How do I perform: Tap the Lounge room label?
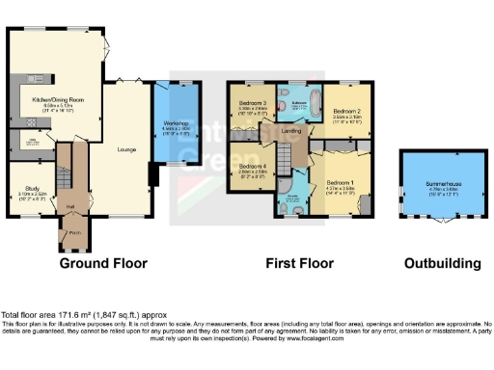[126, 149]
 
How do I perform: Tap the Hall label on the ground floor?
[69, 205]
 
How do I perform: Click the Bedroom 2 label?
[346, 112]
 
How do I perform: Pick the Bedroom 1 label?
[340, 182]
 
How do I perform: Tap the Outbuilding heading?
[442, 263]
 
